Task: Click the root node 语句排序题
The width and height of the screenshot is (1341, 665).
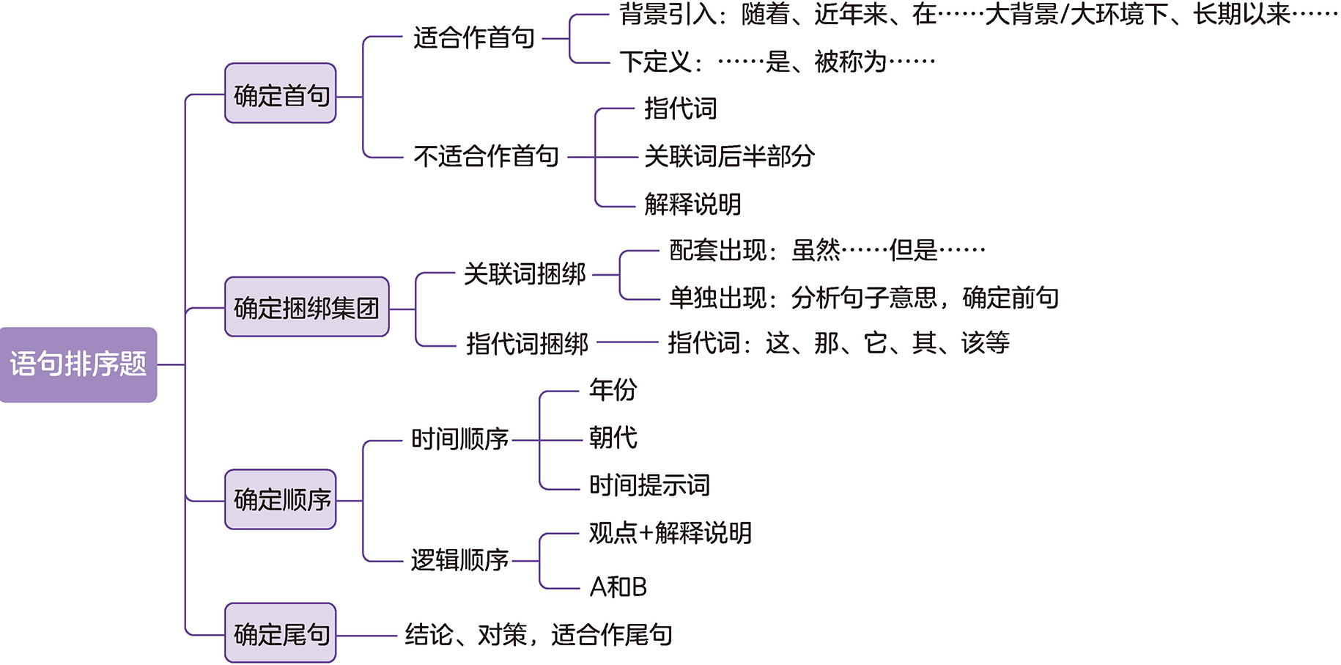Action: pos(78,364)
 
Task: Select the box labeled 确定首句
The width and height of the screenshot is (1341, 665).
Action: pos(281,95)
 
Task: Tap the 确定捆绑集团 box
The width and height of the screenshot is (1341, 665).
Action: pos(306,307)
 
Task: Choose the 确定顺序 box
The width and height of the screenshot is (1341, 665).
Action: pos(281,500)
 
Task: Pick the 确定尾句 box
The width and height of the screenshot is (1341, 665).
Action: pos(281,633)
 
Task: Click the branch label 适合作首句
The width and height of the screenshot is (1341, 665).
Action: pos(473,38)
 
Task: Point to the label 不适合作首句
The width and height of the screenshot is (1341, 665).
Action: pos(486,156)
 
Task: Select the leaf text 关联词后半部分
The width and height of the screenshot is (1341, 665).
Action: pos(729,156)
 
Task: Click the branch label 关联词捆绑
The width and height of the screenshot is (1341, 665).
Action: pos(525,274)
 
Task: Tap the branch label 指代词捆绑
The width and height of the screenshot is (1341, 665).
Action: pos(527,343)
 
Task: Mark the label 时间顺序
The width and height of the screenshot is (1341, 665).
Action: pos(459,439)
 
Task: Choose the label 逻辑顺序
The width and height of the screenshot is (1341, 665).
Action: pos(459,560)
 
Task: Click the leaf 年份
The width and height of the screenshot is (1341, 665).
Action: pos(613,389)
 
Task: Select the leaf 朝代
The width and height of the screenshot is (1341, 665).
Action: pos(613,438)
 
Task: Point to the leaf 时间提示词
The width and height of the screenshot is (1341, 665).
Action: pos(649,485)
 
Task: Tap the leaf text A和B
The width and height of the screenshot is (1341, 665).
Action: pos(618,587)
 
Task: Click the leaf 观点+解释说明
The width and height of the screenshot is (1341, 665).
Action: pos(670,533)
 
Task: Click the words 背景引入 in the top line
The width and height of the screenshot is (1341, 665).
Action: pos(668,15)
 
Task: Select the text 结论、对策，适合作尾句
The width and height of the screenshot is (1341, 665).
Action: pos(539,635)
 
